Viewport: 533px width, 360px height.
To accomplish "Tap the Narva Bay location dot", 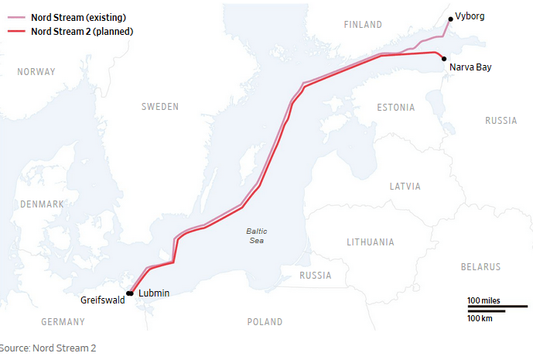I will pyautogui.click(x=444, y=59).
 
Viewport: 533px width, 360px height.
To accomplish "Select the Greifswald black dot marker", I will pyautogui.click(x=130, y=293).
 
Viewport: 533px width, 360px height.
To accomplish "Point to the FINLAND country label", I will pyautogui.click(x=363, y=25).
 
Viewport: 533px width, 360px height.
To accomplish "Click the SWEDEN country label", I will pyautogui.click(x=160, y=106).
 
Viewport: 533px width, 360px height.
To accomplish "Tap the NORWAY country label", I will pyautogui.click(x=36, y=72).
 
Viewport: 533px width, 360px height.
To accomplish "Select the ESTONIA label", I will pyautogui.click(x=395, y=108).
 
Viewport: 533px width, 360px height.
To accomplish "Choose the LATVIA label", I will pyautogui.click(x=405, y=187).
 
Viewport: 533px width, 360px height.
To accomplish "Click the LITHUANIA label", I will pyautogui.click(x=371, y=242).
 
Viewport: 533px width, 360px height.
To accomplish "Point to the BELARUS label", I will pyautogui.click(x=481, y=267).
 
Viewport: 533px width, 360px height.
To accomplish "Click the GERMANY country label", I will pyautogui.click(x=63, y=321).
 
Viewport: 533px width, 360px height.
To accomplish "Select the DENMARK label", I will pyautogui.click(x=42, y=204).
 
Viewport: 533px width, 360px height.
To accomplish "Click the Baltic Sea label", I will pyautogui.click(x=256, y=236).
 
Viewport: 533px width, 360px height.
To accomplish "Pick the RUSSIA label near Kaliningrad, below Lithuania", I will pyautogui.click(x=315, y=276).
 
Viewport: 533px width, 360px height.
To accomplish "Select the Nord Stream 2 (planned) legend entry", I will pyautogui.click(x=80, y=32).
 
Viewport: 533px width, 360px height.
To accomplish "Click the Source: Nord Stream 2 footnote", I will pyautogui.click(x=48, y=348).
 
